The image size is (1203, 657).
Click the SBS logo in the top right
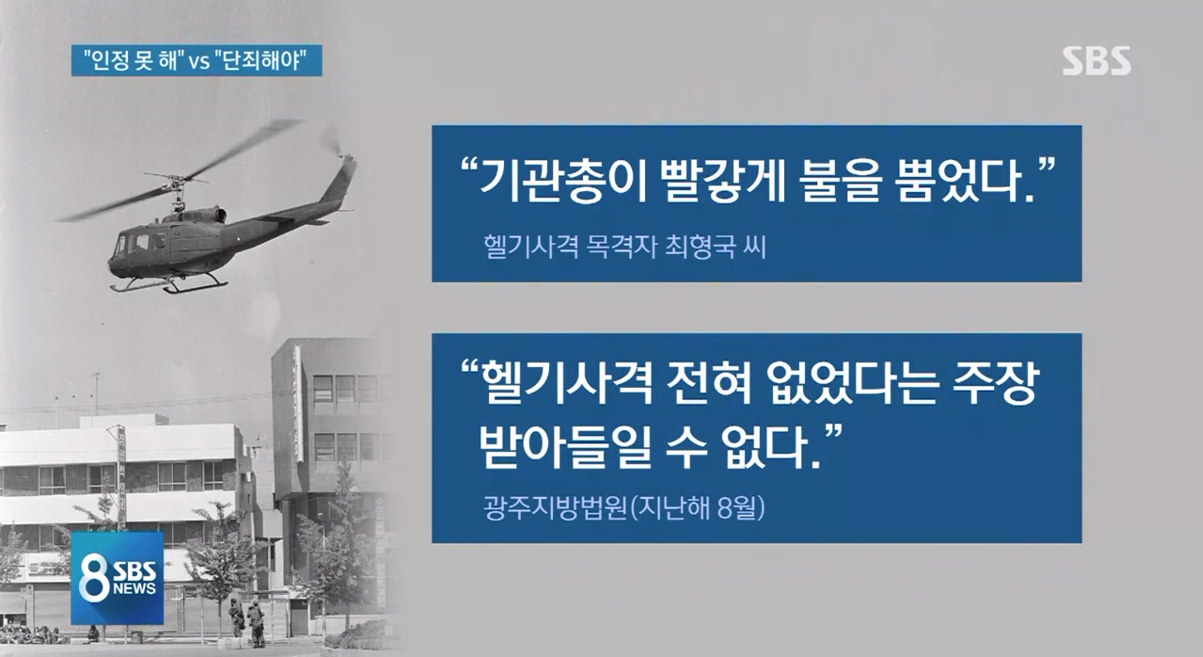(1096, 61)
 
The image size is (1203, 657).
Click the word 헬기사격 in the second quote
(566, 383)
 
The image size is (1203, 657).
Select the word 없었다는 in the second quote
(851, 383)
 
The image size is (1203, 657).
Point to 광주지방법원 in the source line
(555, 508)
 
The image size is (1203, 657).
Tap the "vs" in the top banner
(199, 61)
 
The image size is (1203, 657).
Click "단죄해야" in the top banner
(261, 60)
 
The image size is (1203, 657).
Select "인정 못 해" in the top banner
(134, 60)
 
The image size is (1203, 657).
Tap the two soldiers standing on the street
(246, 622)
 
